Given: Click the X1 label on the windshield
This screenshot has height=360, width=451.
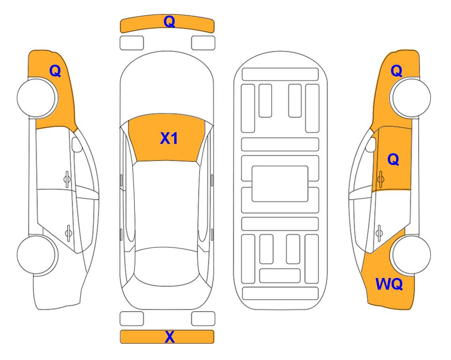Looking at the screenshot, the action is pos(169,138).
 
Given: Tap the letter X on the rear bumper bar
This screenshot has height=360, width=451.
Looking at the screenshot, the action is pos(170,337).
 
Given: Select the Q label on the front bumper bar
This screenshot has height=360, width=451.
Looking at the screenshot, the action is pos(170,21).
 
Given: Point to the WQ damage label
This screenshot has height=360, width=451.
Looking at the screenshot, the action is pos(389,284).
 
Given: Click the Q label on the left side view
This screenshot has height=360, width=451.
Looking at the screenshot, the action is pos(55,71).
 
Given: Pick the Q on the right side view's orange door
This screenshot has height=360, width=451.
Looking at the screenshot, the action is pos(393,159).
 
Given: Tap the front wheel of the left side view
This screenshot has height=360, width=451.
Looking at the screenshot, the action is pos(37,98).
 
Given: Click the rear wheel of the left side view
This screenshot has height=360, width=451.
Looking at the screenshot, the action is pos(37,255).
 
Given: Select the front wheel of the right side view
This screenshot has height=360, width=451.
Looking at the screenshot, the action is pos(411,98).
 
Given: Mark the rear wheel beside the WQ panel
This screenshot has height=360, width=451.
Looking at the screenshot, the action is pos(411,255).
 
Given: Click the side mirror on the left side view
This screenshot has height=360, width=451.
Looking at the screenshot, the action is pos(77,144).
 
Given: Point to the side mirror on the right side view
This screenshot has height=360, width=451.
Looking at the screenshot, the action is pos(370,144).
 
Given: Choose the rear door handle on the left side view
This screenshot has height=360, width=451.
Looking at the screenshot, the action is pos(68,232).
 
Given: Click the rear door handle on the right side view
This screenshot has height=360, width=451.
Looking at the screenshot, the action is pos(379,232).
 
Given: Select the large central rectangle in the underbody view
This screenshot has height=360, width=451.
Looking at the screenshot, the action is pos(280,184).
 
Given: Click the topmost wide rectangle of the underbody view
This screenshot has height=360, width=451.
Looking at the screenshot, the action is pos(280,75).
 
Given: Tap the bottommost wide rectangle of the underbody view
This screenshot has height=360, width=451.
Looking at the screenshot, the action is pos(280,293).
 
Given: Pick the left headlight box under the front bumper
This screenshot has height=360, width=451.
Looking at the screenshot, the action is pos(132,43).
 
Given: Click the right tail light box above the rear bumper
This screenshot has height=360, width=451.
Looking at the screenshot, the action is pos(203,319).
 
